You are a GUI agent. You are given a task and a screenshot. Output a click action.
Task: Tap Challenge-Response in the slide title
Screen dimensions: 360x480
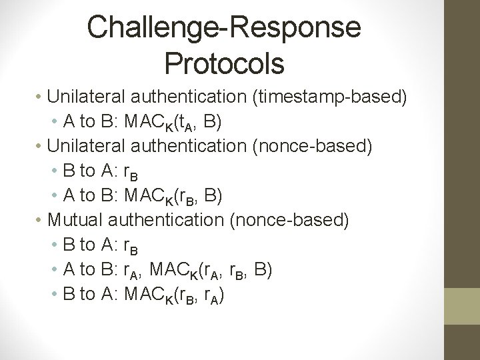pos(224,27)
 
